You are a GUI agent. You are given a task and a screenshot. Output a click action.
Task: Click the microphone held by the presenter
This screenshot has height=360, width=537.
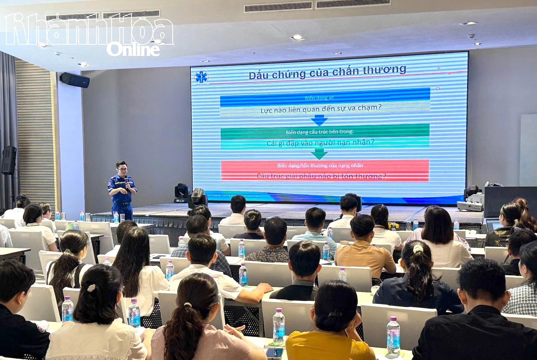127,180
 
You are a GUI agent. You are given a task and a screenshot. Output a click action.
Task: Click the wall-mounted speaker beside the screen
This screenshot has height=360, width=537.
75,80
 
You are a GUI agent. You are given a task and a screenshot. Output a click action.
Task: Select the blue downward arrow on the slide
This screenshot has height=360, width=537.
319,121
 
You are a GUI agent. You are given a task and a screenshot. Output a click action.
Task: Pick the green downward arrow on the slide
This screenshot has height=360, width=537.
319,154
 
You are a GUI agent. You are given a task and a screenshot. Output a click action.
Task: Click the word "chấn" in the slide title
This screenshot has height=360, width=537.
346,71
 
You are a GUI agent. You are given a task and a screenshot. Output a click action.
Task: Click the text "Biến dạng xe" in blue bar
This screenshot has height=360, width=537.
319,98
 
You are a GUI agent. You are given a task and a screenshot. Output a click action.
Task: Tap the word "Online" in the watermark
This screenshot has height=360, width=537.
133,49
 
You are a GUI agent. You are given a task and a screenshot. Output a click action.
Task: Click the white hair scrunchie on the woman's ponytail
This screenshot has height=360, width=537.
418,249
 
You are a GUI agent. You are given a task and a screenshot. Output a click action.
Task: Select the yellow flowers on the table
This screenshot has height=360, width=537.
393,225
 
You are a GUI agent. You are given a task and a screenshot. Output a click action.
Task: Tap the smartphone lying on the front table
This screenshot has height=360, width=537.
274,352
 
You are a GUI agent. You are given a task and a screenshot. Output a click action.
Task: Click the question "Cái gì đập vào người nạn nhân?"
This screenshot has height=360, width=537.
321,143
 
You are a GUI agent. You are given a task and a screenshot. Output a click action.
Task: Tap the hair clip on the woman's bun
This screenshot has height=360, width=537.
91,288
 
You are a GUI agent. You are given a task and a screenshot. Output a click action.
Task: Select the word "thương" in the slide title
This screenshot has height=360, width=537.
384,70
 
